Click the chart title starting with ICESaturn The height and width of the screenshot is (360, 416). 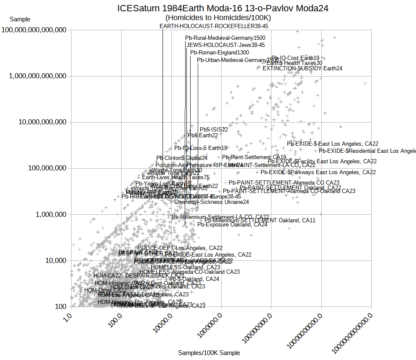[222, 8]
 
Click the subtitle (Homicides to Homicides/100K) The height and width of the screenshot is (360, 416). [218, 18]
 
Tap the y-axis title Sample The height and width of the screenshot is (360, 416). [20, 19]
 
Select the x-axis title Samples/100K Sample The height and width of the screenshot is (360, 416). [209, 353]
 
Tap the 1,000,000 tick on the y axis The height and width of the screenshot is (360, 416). [49, 214]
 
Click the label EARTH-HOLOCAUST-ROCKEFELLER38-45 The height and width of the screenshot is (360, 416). [214, 26]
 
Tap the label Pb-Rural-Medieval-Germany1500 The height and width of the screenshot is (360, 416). [225, 38]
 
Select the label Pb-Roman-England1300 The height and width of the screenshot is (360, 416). [220, 52]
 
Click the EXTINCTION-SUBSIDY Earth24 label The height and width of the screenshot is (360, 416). [302, 68]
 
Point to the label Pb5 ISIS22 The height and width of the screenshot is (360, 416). [214, 129]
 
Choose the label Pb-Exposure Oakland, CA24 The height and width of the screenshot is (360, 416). [232, 224]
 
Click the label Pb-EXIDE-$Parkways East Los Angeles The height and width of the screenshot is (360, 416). [318, 172]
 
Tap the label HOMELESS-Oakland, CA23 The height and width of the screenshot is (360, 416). [185, 267]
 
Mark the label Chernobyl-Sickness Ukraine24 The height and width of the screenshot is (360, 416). [212, 202]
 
